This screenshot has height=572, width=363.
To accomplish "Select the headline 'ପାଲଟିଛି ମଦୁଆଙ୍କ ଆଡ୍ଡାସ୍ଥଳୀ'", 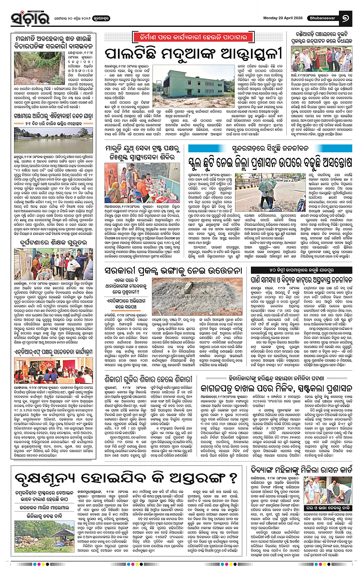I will [191, 54].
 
